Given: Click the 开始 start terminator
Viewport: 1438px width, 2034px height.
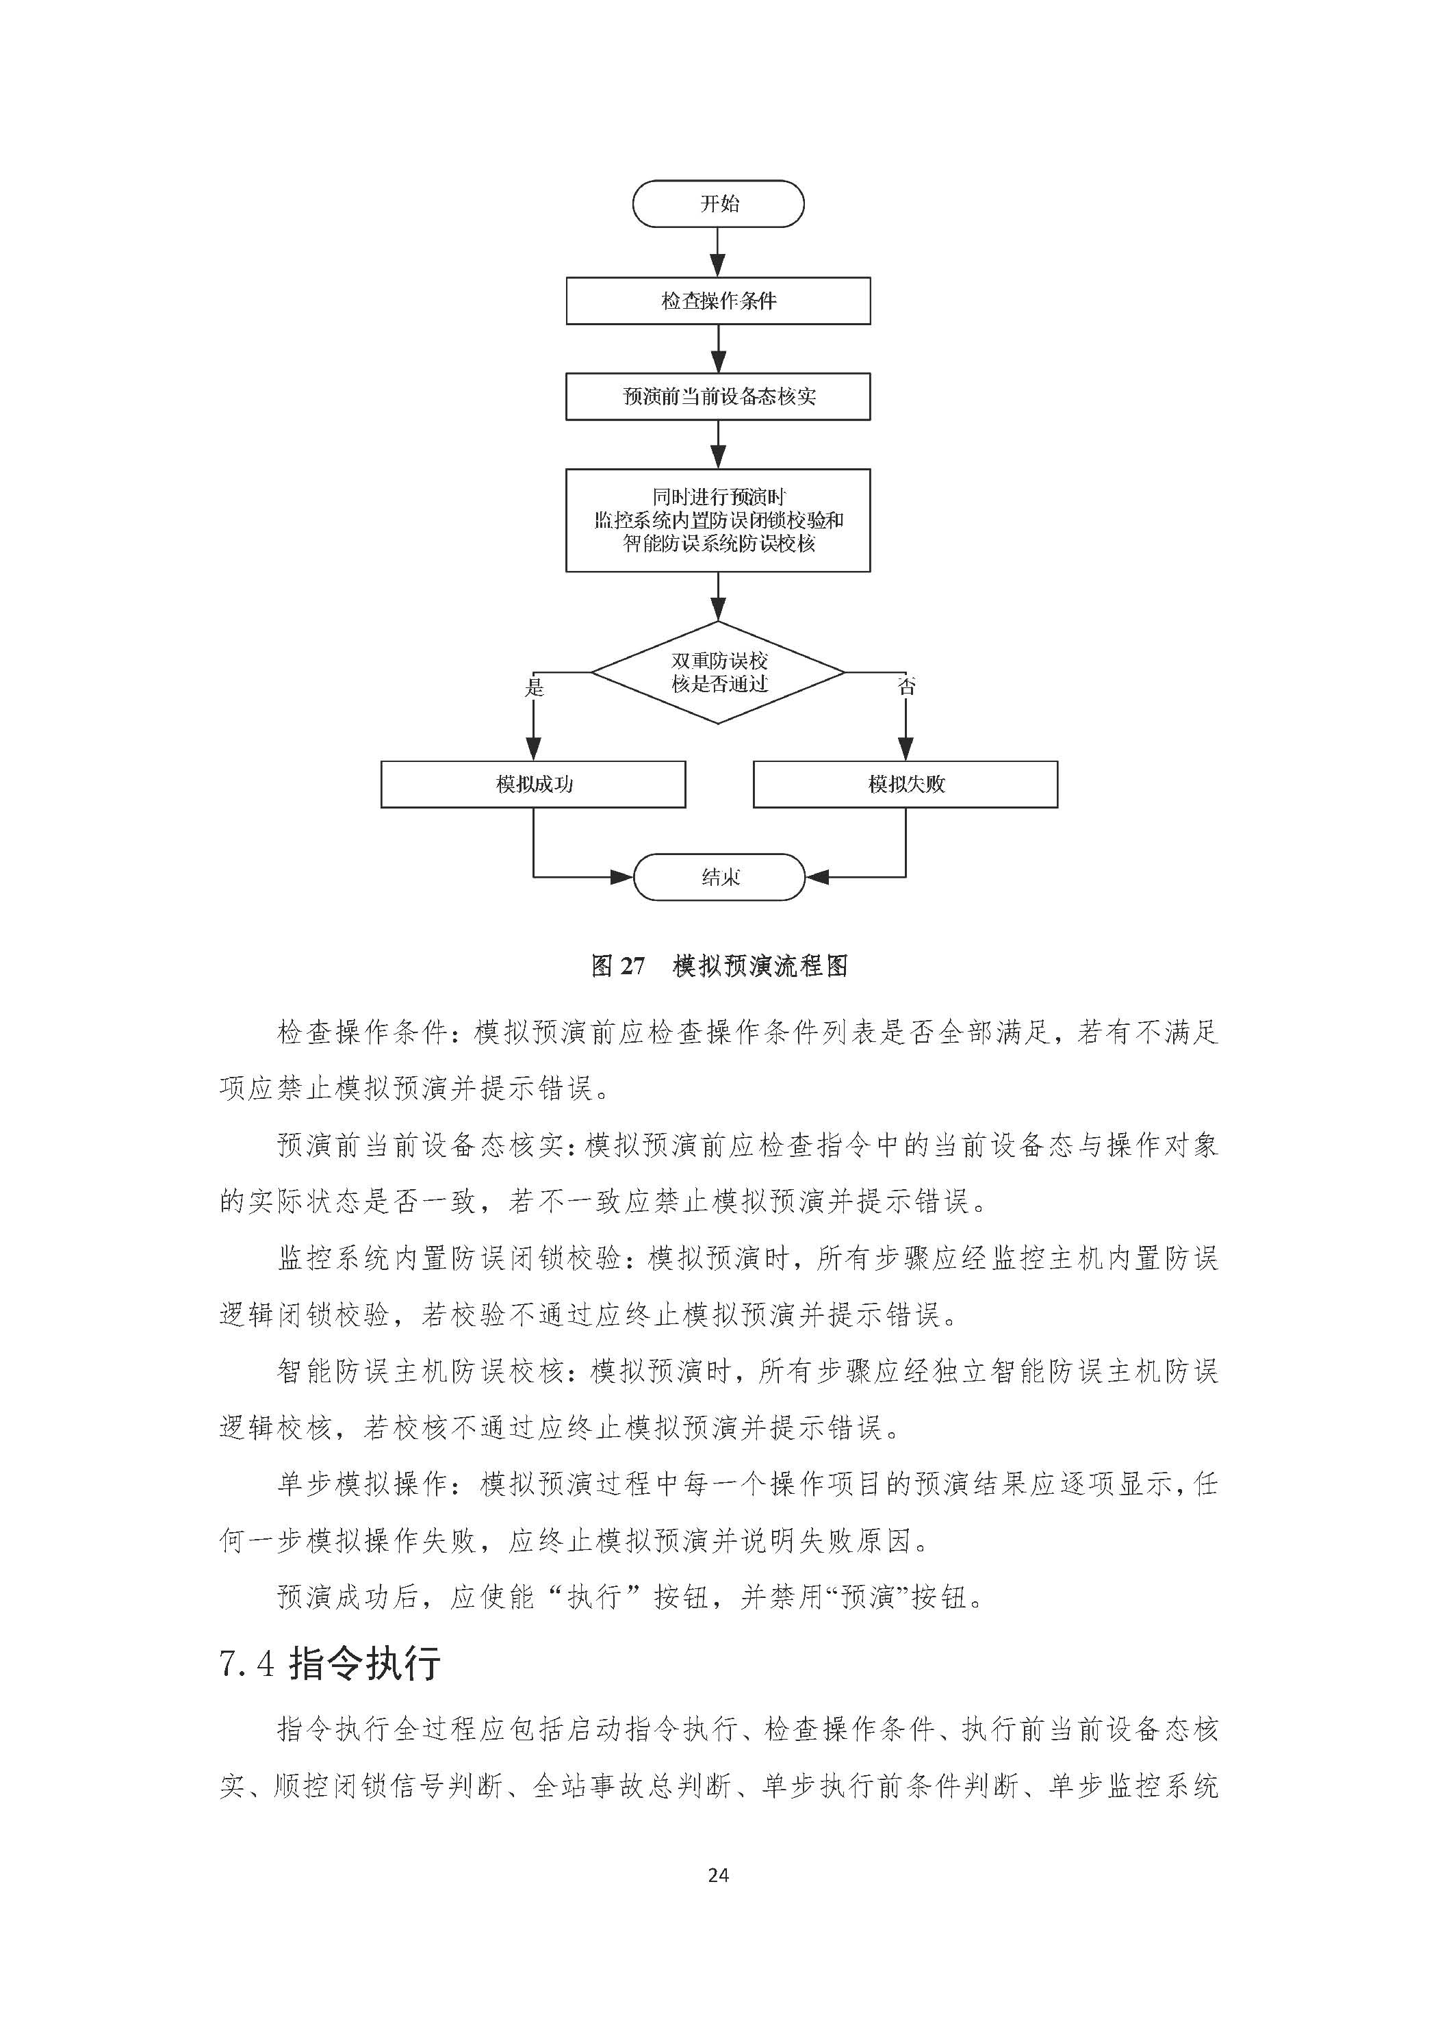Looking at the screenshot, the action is (x=718, y=204).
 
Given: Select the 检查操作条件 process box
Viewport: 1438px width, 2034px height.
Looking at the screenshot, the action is (x=718, y=301).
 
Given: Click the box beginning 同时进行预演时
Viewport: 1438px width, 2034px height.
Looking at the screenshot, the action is (x=718, y=520).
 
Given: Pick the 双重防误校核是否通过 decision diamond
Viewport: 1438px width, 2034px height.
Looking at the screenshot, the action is (x=718, y=672).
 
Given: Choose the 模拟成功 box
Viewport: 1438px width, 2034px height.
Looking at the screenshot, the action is (x=533, y=784).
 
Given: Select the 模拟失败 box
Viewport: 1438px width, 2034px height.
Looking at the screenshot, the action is (x=905, y=784).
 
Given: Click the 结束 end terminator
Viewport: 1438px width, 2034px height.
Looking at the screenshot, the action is (x=719, y=877).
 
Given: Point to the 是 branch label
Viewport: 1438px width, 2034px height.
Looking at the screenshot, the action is (x=534, y=687).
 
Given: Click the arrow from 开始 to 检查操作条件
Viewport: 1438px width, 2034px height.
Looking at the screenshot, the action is (x=718, y=253).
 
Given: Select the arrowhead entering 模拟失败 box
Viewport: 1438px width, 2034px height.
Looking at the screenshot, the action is (x=905, y=750).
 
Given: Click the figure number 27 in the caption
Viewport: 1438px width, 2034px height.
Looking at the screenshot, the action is (x=632, y=965).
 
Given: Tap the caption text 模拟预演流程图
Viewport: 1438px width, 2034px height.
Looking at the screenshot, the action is (x=760, y=965).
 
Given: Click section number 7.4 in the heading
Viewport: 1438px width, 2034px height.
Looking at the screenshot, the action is (x=247, y=1664).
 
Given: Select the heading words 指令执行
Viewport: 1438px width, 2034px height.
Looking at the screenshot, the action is (x=365, y=1664).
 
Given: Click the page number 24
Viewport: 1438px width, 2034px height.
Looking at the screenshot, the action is (x=718, y=1874).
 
